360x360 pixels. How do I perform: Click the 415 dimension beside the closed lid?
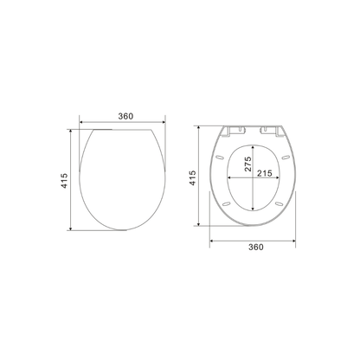pyautogui.click(x=63, y=179)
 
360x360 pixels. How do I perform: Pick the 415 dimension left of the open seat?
pyautogui.click(x=194, y=177)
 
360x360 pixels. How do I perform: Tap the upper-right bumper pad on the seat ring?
pyautogui.click(x=285, y=157)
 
